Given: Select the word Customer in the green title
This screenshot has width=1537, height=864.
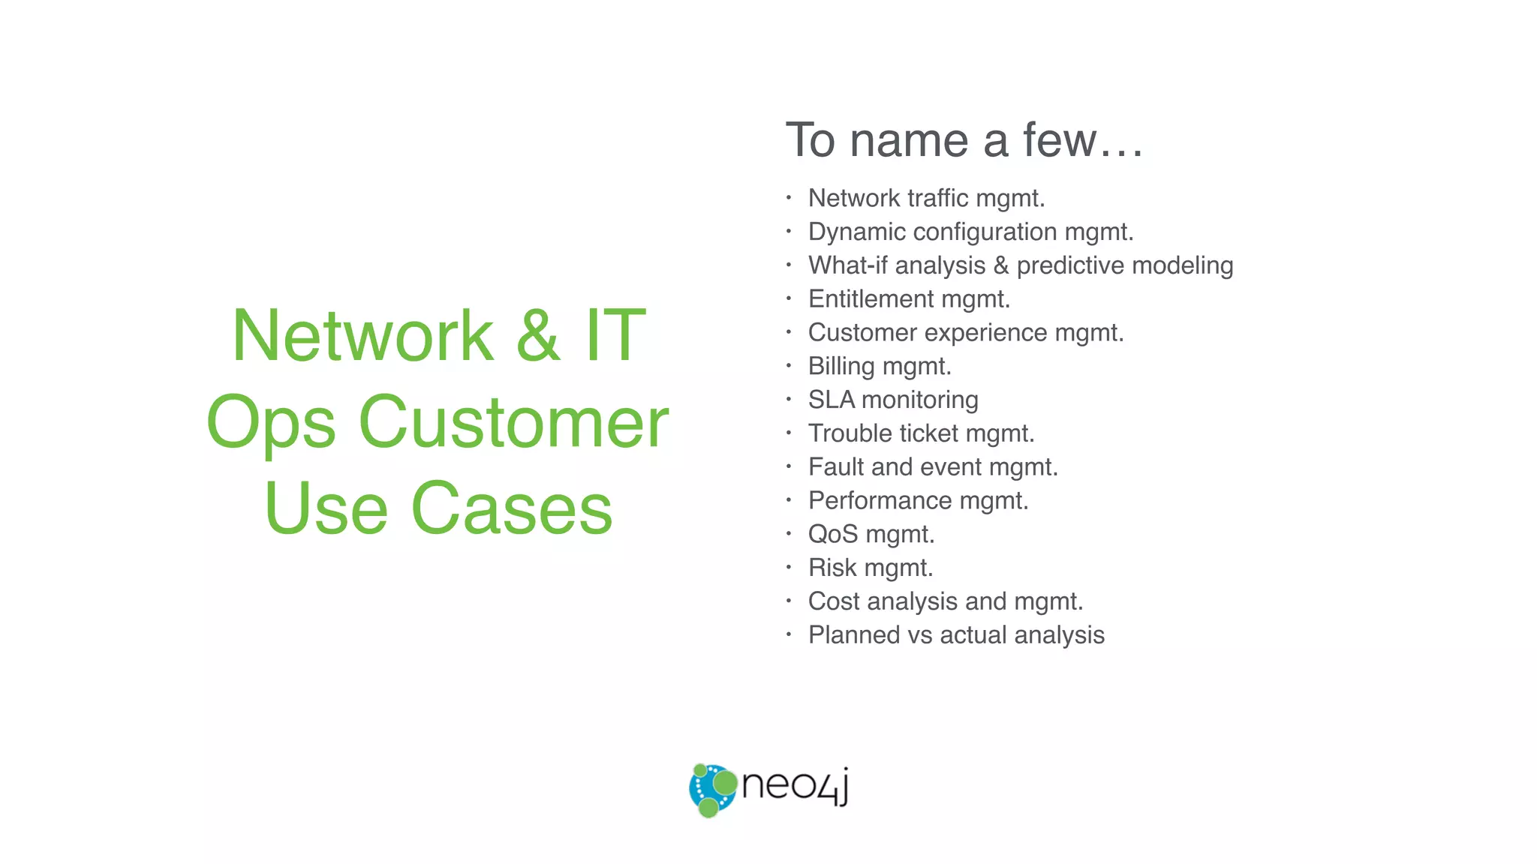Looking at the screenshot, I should pos(513,423).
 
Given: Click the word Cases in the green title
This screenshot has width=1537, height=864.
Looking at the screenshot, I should pos(512,509).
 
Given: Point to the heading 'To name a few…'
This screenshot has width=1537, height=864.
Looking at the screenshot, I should pos(964,140).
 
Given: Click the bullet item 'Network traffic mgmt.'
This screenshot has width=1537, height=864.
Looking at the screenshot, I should pos(926,198).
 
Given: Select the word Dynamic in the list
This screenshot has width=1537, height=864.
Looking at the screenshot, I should pos(856,232).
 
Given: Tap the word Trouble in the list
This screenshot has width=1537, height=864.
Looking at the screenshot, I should pos(850,433).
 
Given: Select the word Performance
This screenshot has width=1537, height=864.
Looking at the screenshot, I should pos(880,500).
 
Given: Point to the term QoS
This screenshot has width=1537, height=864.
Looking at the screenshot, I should pos(832,534).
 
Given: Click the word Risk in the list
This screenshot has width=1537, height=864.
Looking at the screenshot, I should pos(832,568).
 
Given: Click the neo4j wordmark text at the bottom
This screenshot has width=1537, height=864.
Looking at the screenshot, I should pos(795,786).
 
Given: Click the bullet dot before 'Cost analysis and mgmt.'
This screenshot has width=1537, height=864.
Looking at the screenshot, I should pos(789,601).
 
